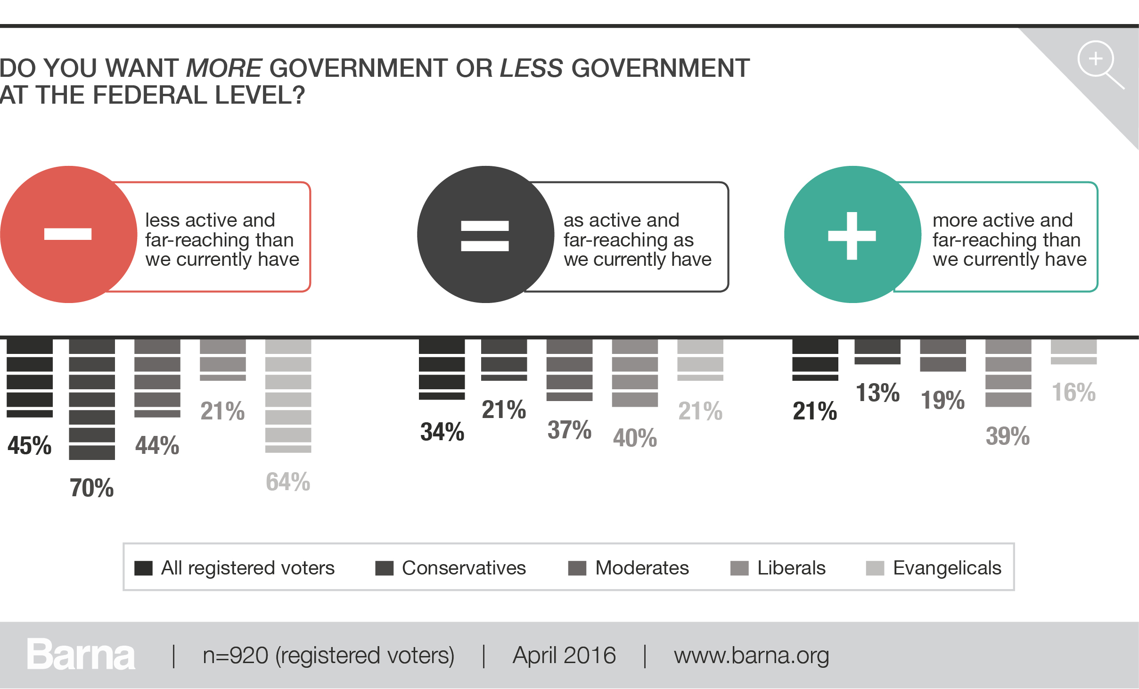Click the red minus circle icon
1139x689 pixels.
69,234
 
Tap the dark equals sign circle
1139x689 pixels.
485,234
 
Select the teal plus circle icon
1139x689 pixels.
852,234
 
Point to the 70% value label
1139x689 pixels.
92,488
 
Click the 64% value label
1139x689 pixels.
288,482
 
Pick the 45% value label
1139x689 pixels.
30,445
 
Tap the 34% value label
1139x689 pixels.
442,432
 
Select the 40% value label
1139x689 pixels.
635,438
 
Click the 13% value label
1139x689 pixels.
877,393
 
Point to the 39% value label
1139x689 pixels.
1008,436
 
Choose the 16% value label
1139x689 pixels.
1073,392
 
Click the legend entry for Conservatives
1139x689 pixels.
451,568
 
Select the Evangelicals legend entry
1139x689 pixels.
934,568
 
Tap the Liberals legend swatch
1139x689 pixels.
739,568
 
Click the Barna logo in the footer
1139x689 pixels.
81,655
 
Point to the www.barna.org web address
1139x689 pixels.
751,656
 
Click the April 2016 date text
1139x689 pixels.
564,656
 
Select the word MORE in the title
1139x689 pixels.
224,68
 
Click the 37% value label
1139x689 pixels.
569,430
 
